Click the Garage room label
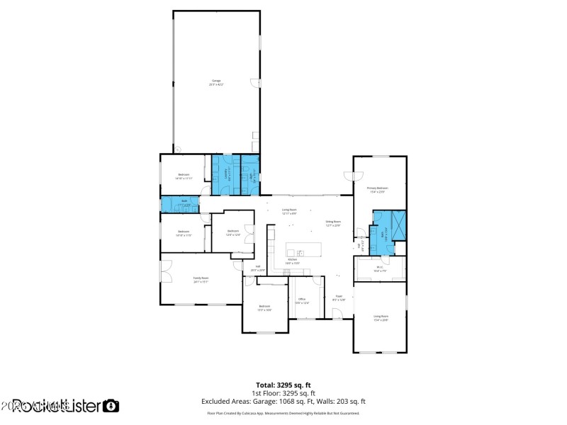point(216,82)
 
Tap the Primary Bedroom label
point(380,189)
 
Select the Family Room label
point(201,279)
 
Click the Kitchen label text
point(292,262)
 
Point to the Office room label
point(301,300)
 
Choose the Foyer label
point(338,297)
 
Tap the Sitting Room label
point(333,223)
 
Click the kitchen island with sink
point(302,251)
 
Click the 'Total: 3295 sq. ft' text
point(283,385)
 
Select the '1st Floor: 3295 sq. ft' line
point(283,393)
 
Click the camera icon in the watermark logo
point(111,406)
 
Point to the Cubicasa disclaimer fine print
point(283,413)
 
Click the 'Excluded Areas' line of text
point(283,402)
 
